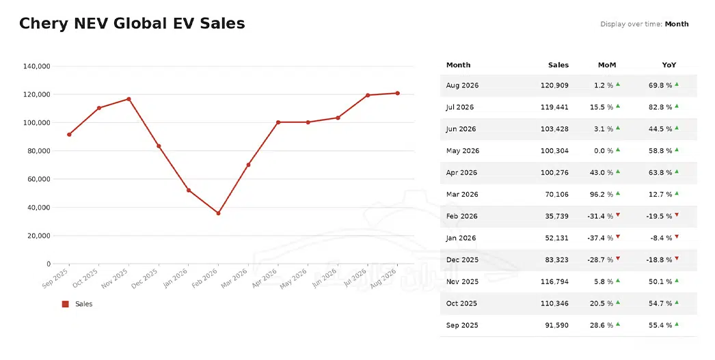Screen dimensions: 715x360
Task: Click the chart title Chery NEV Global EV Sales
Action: (x=132, y=24)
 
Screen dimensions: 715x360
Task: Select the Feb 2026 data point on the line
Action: (x=219, y=213)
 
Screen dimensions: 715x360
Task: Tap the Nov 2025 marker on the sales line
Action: (x=129, y=99)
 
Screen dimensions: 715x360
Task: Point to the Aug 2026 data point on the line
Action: (x=398, y=93)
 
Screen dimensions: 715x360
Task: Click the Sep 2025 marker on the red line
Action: (x=69, y=135)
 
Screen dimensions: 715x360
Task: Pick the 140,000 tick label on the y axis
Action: (x=36, y=66)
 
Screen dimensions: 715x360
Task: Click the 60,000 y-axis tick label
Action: (x=39, y=179)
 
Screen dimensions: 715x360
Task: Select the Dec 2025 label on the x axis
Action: (x=145, y=278)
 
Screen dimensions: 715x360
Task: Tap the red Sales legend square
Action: (x=65, y=304)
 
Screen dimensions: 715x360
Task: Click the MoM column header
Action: (x=607, y=65)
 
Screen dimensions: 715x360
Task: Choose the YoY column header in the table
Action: (x=669, y=65)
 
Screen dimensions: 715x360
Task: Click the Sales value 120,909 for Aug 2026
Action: (x=554, y=85)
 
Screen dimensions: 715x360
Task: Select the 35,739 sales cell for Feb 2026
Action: (x=557, y=216)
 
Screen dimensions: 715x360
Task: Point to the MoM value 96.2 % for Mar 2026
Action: (x=602, y=194)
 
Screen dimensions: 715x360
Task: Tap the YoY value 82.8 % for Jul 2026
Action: (x=660, y=107)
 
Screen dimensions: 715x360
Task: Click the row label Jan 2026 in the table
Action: (x=461, y=238)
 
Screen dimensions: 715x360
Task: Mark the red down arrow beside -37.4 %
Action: (x=618, y=236)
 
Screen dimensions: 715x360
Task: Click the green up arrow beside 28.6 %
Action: (x=618, y=324)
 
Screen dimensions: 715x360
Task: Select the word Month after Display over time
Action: (x=677, y=24)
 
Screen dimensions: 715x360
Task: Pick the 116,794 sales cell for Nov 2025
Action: (x=554, y=281)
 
